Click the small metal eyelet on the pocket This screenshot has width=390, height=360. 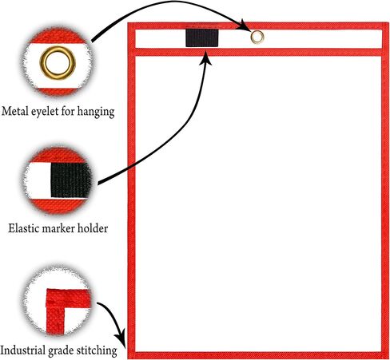pos(257,38)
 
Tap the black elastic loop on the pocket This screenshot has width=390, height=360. pos(202,38)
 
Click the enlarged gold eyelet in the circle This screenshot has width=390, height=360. pos(58,63)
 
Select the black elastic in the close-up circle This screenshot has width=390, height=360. pos(71,180)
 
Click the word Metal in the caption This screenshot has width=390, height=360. pos(15,111)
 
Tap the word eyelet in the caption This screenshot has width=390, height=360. pos(45,112)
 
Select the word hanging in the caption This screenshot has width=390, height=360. pos(96,112)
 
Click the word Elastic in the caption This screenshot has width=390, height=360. pos(23,228)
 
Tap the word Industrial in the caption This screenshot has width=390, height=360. pos(23,350)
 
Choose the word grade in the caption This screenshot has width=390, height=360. pos(61,351)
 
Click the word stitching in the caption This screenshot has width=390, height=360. pos(97,350)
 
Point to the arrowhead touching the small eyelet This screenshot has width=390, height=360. pos(245,25)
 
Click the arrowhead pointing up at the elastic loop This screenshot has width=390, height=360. pos(205,57)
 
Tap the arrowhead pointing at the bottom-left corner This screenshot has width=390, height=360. pos(121,340)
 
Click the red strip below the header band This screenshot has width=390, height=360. pos(258,52)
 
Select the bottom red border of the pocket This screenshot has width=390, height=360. pos(258,355)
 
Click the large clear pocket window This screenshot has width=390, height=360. pos(258,204)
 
